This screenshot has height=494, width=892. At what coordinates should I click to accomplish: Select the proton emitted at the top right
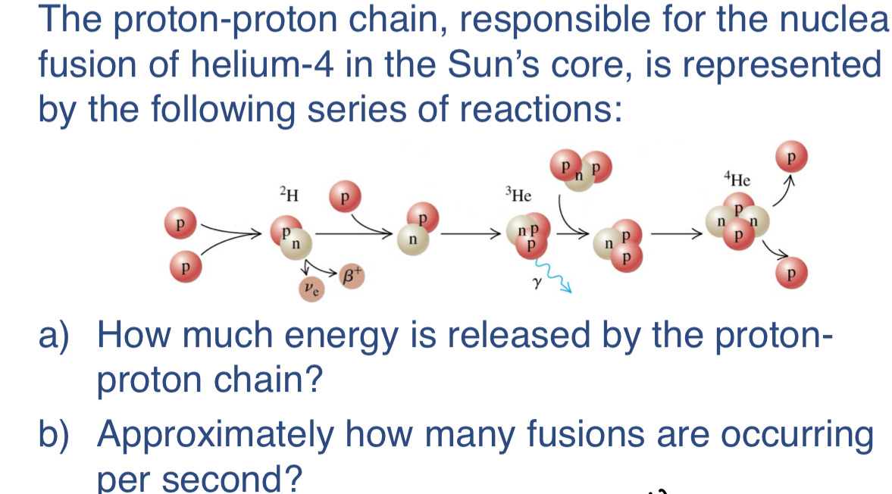(x=790, y=157)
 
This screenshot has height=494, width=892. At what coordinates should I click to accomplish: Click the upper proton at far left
(x=180, y=225)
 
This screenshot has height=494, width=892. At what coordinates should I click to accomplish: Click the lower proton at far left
(x=182, y=267)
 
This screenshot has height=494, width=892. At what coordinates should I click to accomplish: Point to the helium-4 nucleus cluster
(x=734, y=225)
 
